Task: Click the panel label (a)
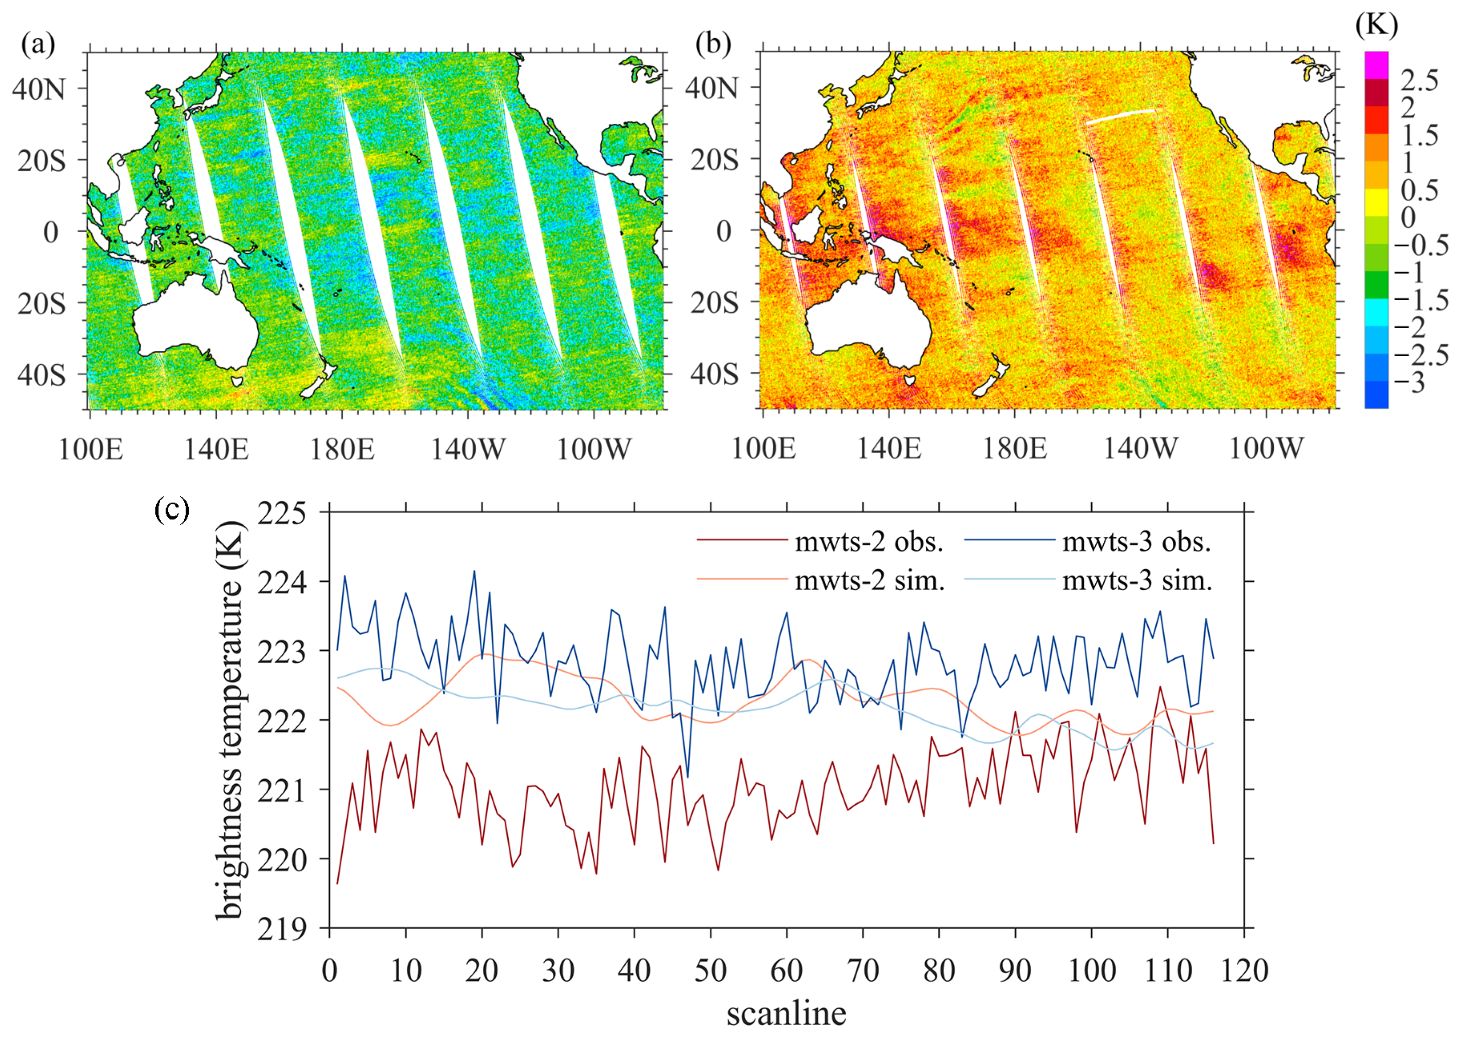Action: pyautogui.click(x=38, y=45)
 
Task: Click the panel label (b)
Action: pyautogui.click(x=713, y=45)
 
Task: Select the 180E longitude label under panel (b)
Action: pyautogui.click(x=1014, y=449)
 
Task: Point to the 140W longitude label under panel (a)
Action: pyautogui.click(x=468, y=449)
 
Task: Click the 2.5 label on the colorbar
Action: pyautogui.click(x=1420, y=81)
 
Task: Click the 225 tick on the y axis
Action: pyautogui.click(x=282, y=513)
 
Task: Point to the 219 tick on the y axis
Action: pyautogui.click(x=282, y=929)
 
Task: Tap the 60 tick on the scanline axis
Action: pyautogui.click(x=786, y=971)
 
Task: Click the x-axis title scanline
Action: pyautogui.click(x=786, y=1013)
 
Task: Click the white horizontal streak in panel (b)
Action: pyautogui.click(x=1122, y=116)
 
